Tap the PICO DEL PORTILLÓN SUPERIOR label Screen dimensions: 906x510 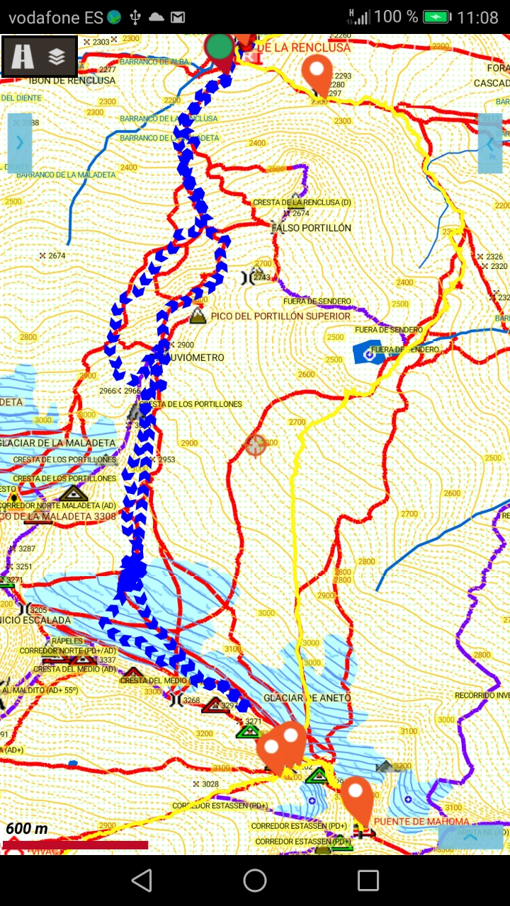[x=280, y=316]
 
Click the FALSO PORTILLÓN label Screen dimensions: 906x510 [x=312, y=228]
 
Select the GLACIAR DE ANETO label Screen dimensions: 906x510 [x=307, y=698]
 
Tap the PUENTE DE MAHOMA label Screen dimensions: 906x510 [x=421, y=822]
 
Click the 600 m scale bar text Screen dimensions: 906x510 [x=27, y=829]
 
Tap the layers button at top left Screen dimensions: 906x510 [x=57, y=57]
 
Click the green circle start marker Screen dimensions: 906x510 [x=220, y=47]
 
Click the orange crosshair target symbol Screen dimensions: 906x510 [x=255, y=445]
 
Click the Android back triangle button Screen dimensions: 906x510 [x=142, y=881]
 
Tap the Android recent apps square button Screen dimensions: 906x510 [x=368, y=881]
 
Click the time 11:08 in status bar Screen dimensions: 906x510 [x=477, y=17]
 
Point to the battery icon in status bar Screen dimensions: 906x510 [x=436, y=17]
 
